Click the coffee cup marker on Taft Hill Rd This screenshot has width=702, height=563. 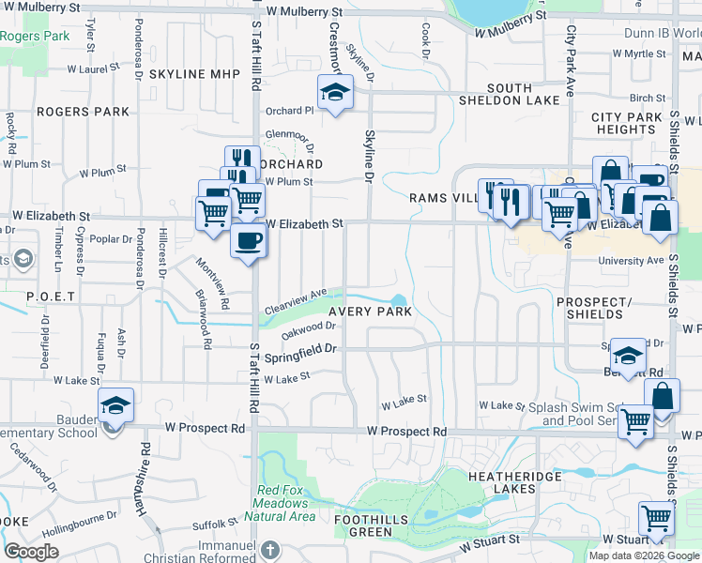pyautogui.click(x=249, y=240)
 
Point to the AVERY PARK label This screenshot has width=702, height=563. pyautogui.click(x=370, y=312)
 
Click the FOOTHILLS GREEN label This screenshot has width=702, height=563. pyautogui.click(x=363, y=525)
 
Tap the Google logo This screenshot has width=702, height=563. pyautogui.click(x=32, y=552)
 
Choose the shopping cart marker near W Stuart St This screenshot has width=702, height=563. pyautogui.click(x=656, y=518)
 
